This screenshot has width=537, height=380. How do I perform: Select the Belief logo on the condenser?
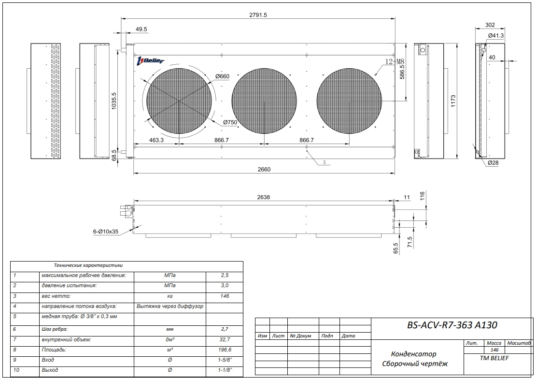(x=151, y=60)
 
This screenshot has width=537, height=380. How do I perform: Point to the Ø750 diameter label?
(x=230, y=122)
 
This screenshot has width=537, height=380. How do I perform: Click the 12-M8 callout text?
(x=394, y=61)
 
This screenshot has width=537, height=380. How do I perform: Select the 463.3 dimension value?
(x=156, y=140)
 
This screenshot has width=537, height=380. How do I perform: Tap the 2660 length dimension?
(x=264, y=169)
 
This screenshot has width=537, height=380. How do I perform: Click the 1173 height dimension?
(x=452, y=101)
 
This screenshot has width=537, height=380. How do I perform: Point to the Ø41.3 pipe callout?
(x=495, y=36)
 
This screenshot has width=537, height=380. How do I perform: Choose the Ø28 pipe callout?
(x=493, y=163)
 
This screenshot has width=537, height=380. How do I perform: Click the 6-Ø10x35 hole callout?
(x=106, y=232)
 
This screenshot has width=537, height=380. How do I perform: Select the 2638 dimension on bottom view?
(x=264, y=197)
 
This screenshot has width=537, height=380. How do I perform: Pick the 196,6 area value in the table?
(x=224, y=349)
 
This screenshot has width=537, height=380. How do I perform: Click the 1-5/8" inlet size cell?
(x=224, y=360)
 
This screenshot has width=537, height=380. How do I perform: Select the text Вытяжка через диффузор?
(x=170, y=306)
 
